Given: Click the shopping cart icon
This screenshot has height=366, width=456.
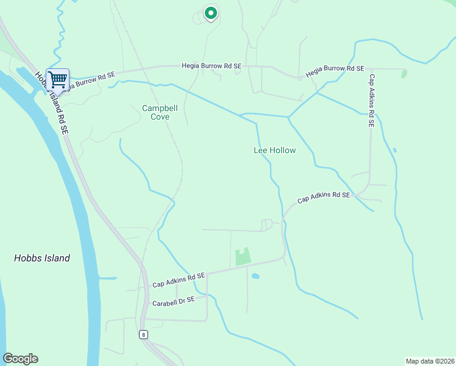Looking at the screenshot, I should pyautogui.click(x=57, y=79).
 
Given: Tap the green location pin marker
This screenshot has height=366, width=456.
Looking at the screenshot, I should pyautogui.click(x=210, y=12).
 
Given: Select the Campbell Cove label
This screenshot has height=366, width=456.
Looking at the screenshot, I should pyautogui.click(x=160, y=112).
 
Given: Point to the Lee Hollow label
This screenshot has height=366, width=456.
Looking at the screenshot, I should pyautogui.click(x=274, y=150).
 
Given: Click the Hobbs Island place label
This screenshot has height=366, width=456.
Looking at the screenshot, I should pyautogui.click(x=42, y=258).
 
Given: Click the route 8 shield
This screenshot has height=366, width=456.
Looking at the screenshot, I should pyautogui.click(x=143, y=334).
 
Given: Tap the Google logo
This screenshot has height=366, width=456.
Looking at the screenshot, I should pyautogui.click(x=20, y=359).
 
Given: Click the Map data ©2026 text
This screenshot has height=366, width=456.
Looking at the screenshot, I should pyautogui.click(x=429, y=361).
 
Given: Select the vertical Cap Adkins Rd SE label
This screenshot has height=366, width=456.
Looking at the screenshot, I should pyautogui.click(x=371, y=101).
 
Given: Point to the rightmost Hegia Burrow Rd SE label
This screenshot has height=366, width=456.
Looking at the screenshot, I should pyautogui.click(x=335, y=70).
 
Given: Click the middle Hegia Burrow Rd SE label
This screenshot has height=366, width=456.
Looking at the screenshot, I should pyautogui.click(x=212, y=65).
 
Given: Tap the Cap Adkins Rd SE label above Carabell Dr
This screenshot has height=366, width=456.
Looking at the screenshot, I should pyautogui.click(x=179, y=279).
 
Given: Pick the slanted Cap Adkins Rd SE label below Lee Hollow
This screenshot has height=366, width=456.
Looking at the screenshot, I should pyautogui.click(x=324, y=197).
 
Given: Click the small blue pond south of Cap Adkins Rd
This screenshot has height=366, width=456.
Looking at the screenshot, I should pyautogui.click(x=255, y=276).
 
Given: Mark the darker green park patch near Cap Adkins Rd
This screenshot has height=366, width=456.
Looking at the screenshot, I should pyautogui.click(x=243, y=257).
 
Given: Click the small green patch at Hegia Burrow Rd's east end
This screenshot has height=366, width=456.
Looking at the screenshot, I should pyautogui.click(x=404, y=73).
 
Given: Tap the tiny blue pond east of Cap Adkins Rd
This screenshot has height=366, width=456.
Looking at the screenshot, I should pyautogui.click(x=395, y=150).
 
